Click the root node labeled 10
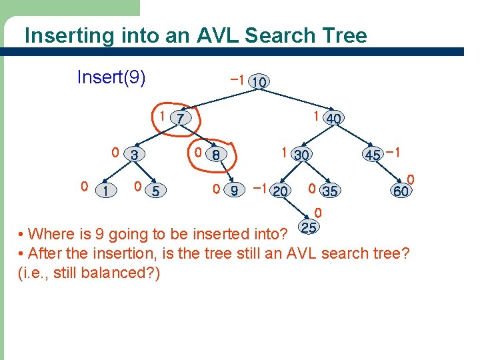tap(259, 82)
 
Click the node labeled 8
tap(216, 155)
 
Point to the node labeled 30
tap(302, 155)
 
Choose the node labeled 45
tap(373, 155)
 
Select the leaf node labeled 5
tap(155, 191)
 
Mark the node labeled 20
tap(281, 191)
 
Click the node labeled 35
tap(329, 191)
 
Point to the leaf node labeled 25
tap(309, 228)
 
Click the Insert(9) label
tap(111, 77)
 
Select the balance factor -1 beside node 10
tap(235, 79)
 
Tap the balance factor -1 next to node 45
tap(393, 153)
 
